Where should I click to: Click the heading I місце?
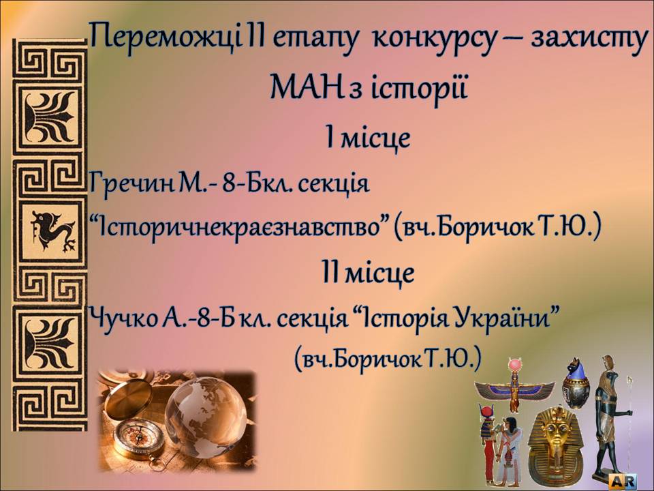click(368, 138)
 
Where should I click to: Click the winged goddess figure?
click(515, 387)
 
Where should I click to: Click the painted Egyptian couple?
click(499, 446)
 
